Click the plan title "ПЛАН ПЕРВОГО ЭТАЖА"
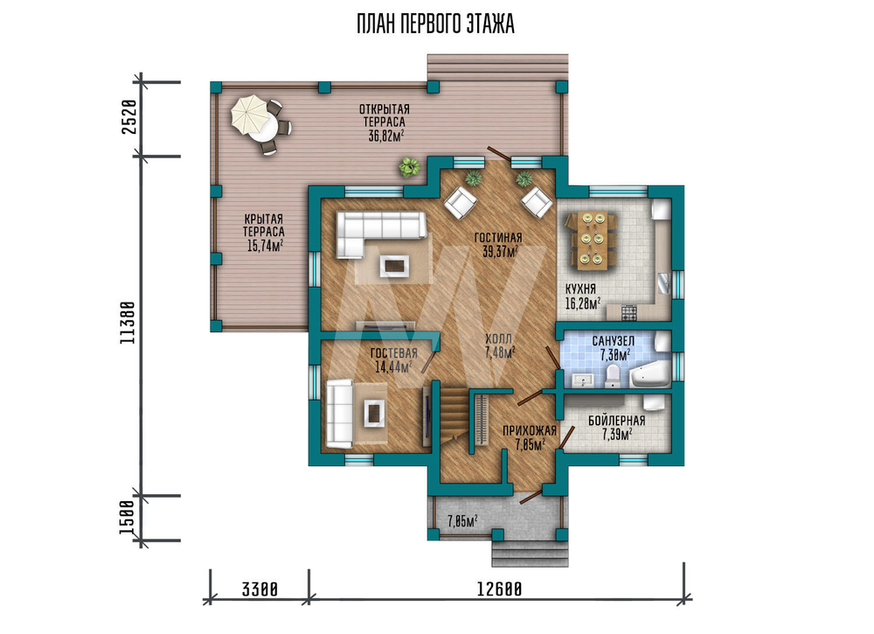point(435,24)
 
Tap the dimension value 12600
point(499,589)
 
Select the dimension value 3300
point(260,589)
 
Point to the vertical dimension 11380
point(128,323)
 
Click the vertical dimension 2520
point(128,116)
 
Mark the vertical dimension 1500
point(128,518)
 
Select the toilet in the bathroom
point(612,376)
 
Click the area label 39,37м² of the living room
point(498,252)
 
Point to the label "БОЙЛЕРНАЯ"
point(616,421)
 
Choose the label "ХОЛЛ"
point(498,339)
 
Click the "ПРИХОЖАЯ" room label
point(530,430)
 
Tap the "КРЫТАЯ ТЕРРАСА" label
point(264,226)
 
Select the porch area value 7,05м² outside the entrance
point(462,521)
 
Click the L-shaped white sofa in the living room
point(381,234)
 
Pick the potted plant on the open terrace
point(410,167)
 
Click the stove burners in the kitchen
point(628,313)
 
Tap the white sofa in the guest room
point(339,413)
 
